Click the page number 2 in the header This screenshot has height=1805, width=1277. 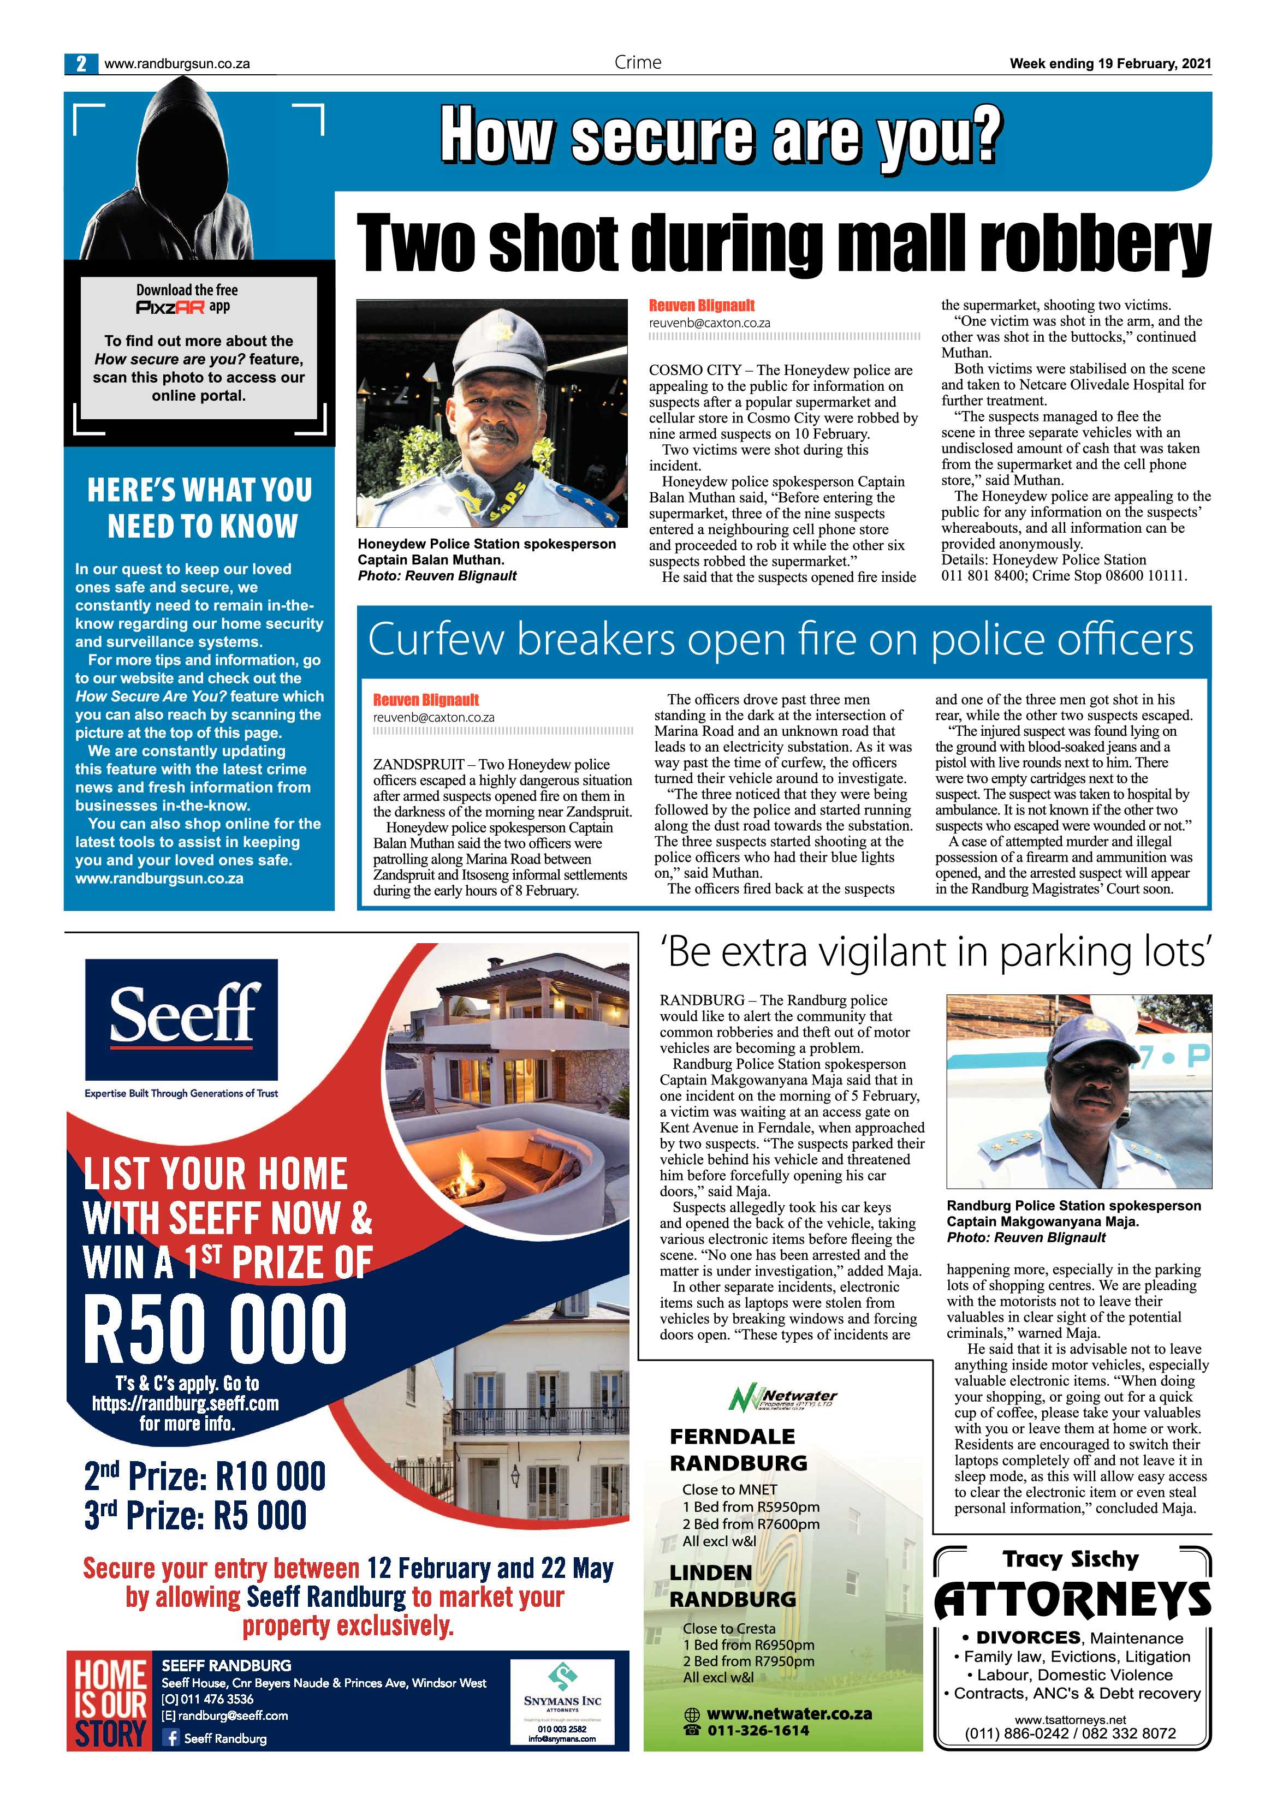[x=81, y=64]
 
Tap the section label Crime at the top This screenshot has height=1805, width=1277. [x=638, y=63]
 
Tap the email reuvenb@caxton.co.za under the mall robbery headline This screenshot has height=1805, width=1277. [x=709, y=323]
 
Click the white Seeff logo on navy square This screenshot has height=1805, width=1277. [x=182, y=1016]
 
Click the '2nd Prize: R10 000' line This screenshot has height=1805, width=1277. [x=204, y=1476]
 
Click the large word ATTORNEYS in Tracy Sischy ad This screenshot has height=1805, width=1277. [x=1072, y=1599]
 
